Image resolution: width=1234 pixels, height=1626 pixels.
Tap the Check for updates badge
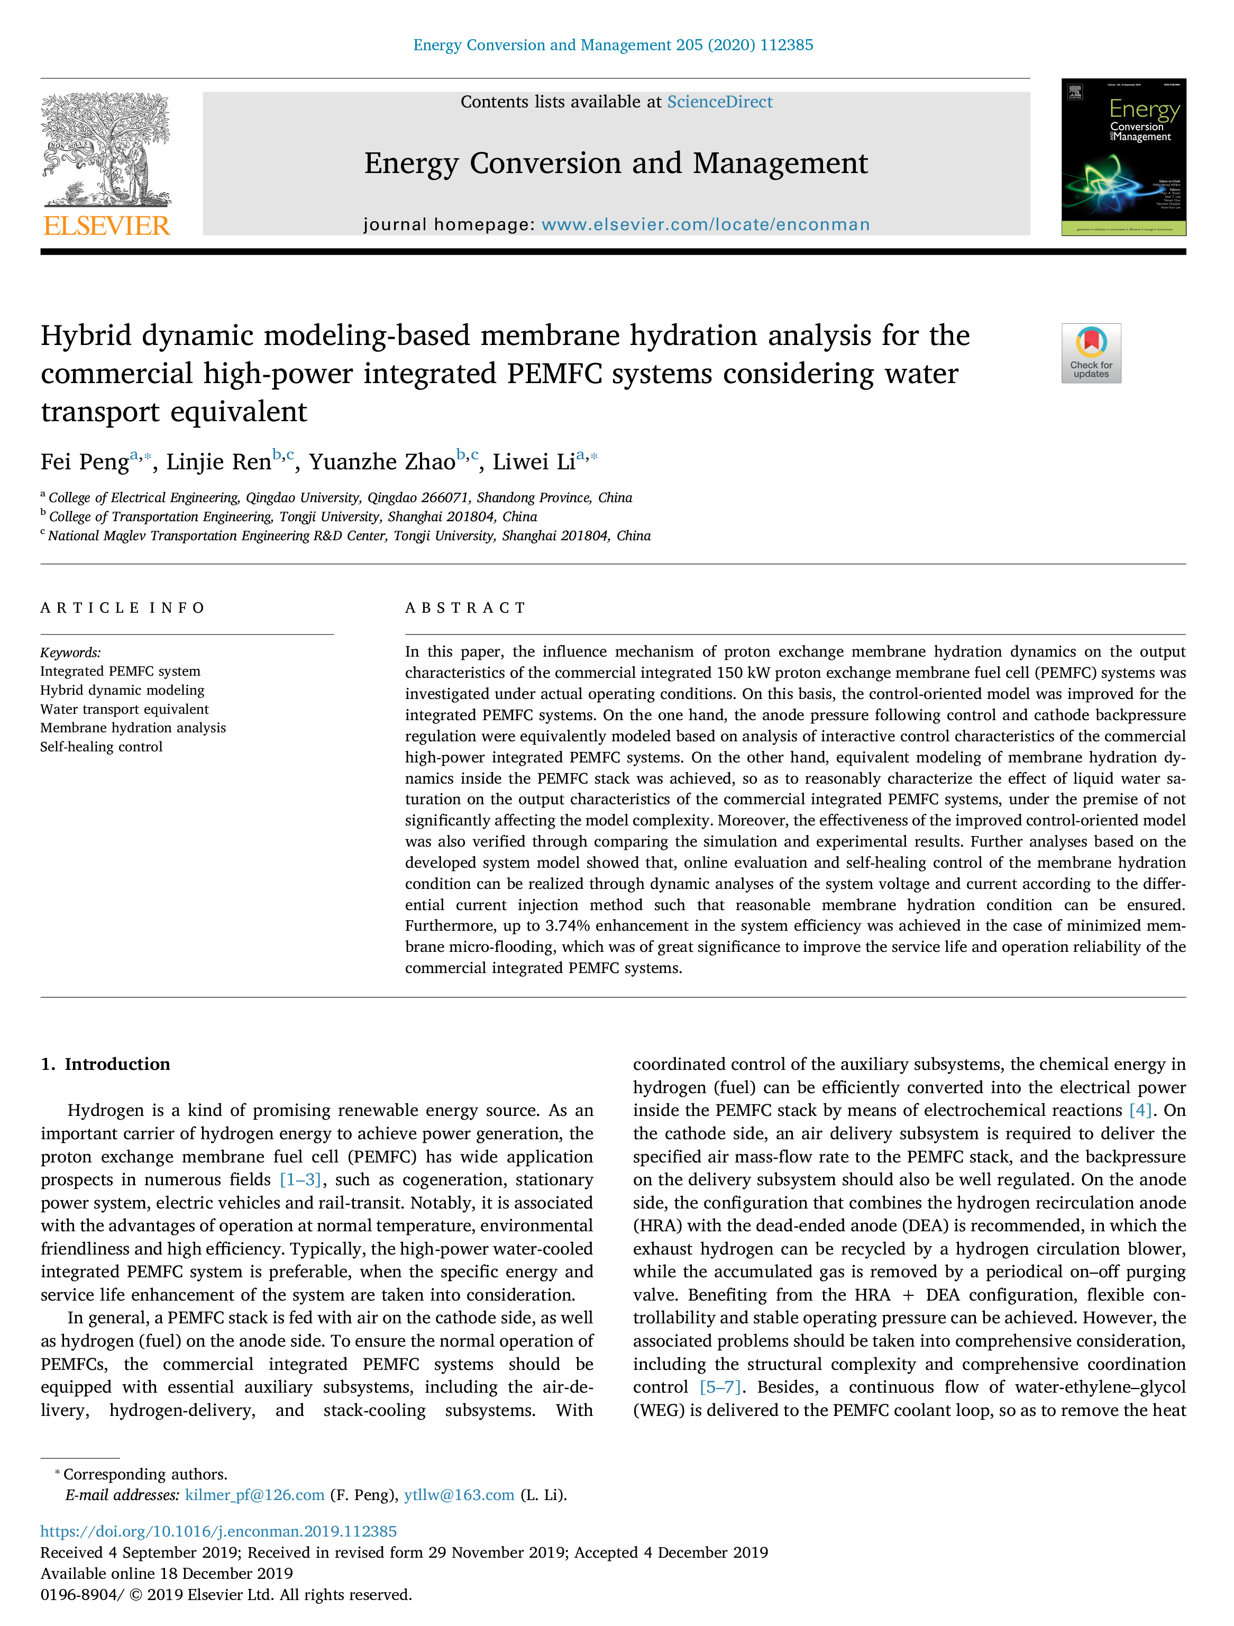(x=1091, y=353)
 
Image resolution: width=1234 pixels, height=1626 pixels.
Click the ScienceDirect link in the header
(x=719, y=102)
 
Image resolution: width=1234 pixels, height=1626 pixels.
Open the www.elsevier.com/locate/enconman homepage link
(x=706, y=224)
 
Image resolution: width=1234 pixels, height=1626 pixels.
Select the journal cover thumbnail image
(x=1123, y=157)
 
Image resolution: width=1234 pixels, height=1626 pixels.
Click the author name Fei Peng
(x=85, y=461)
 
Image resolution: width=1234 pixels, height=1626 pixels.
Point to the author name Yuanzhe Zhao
(x=382, y=461)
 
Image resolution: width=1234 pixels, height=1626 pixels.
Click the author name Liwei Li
(x=534, y=461)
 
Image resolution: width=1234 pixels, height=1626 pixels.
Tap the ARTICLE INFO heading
(x=123, y=608)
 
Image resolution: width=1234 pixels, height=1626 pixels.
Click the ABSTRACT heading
(x=465, y=608)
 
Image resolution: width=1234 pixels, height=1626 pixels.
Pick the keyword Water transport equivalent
(x=124, y=710)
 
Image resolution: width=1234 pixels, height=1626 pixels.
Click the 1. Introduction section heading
(x=106, y=1065)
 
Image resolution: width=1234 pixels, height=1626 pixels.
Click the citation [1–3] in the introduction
(x=300, y=1180)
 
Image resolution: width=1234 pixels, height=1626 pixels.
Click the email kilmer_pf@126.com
(x=254, y=1495)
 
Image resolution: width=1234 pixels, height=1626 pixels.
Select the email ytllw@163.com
(x=459, y=1495)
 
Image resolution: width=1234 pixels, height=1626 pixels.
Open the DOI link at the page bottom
(x=218, y=1531)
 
